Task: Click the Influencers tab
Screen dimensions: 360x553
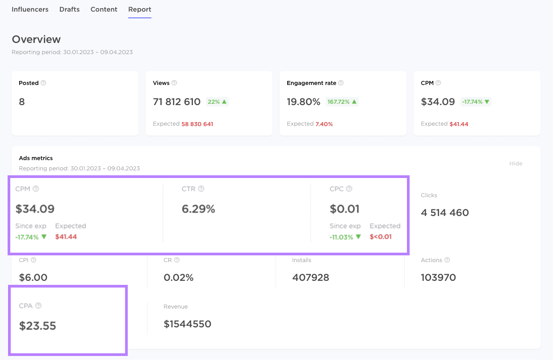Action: click(30, 9)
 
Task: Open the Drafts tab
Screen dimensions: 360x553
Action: click(69, 9)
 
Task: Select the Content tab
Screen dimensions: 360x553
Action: click(104, 9)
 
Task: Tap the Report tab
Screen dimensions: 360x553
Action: click(139, 9)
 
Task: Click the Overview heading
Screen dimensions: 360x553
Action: click(36, 39)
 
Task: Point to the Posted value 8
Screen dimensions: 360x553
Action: click(22, 102)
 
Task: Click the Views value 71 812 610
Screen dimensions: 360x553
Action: click(176, 102)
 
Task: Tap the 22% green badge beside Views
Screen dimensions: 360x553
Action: click(217, 102)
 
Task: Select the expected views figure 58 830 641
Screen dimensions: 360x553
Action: click(197, 124)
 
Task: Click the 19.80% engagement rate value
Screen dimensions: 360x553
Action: click(303, 102)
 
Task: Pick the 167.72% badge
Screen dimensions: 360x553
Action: click(342, 102)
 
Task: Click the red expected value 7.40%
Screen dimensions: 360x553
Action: click(324, 124)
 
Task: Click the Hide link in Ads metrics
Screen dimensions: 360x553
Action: click(515, 163)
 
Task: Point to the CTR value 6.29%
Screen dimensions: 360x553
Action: click(198, 209)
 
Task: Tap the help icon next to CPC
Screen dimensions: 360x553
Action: click(349, 189)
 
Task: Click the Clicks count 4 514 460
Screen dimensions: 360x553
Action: click(444, 212)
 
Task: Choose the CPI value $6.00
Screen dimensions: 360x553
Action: click(33, 277)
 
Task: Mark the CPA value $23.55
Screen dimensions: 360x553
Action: click(38, 326)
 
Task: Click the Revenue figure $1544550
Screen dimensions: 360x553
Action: click(187, 324)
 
